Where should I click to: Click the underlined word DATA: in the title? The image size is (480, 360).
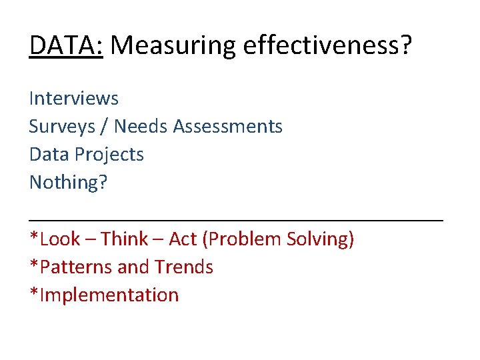66,46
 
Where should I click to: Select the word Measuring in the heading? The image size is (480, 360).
172,46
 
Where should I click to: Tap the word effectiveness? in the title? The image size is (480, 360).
328,46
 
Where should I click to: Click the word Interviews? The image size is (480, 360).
74,99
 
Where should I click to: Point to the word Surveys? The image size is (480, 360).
68,127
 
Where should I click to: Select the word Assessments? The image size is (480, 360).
228,127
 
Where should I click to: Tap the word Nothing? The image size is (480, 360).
68,183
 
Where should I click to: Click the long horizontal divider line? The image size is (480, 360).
236,219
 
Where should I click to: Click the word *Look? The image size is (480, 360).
54,239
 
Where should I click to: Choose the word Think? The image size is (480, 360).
127,239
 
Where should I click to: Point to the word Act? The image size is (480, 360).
183,239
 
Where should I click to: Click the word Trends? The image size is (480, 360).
184,267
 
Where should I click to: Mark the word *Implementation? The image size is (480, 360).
104,295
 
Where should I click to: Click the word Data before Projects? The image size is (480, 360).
49,155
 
